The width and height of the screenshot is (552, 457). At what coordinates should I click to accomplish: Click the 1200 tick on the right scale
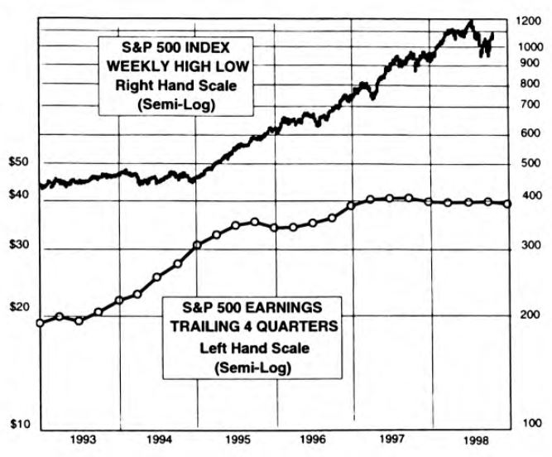tap(526, 23)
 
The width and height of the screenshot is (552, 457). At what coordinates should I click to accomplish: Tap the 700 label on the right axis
tap(526, 104)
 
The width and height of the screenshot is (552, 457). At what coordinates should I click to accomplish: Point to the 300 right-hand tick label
tap(526, 246)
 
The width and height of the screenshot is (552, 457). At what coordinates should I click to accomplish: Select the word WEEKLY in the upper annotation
tap(137, 65)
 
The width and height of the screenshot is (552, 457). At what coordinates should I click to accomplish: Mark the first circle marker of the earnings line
tap(40, 322)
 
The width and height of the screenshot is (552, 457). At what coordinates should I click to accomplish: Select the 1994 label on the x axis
tap(160, 438)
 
